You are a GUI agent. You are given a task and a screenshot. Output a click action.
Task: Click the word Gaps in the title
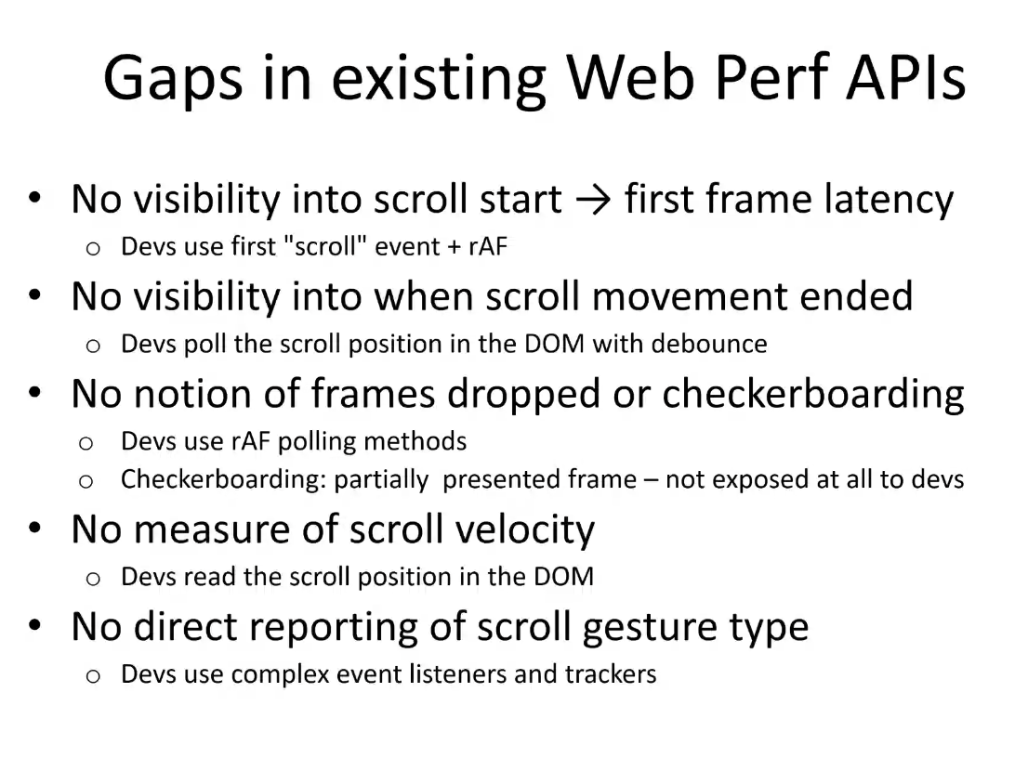[173, 78]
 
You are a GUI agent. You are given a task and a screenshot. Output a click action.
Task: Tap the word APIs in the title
[905, 77]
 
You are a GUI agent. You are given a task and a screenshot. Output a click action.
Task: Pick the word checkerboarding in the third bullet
[813, 395]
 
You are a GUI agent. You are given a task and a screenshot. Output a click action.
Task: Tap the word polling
[315, 442]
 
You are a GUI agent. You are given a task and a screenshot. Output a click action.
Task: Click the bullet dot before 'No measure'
[35, 527]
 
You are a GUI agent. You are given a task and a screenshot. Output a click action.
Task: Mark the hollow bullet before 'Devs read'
[93, 579]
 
